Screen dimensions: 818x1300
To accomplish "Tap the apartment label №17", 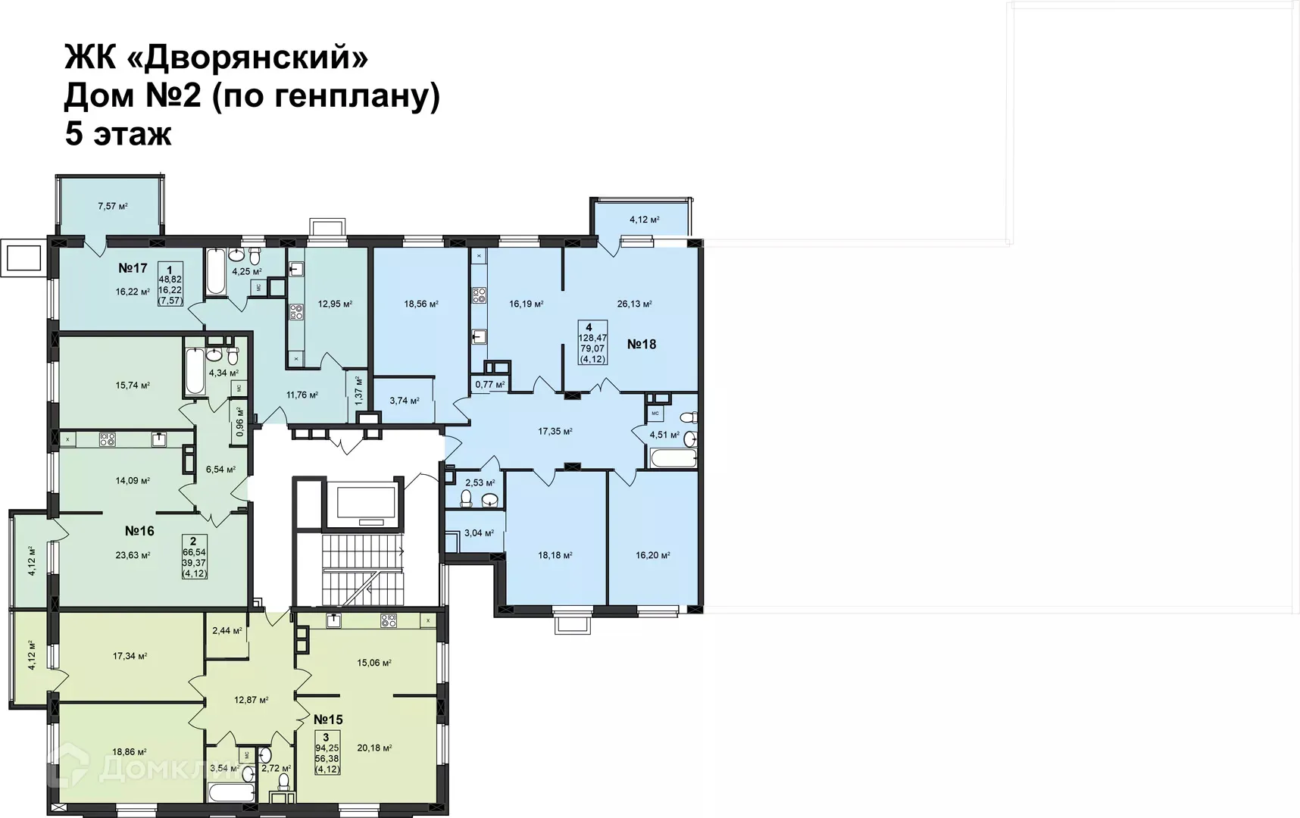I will pyautogui.click(x=133, y=268).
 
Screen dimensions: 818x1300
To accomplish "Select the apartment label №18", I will pyautogui.click(x=642, y=345).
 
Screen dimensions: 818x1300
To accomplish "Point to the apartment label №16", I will pyautogui.click(x=139, y=531).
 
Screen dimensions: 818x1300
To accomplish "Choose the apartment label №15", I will pyautogui.click(x=328, y=720).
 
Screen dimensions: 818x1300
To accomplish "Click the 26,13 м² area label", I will pyautogui.click(x=635, y=304).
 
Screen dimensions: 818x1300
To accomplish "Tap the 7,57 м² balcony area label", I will pyautogui.click(x=112, y=206).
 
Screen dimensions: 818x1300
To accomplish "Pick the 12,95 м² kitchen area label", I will pyautogui.click(x=335, y=304).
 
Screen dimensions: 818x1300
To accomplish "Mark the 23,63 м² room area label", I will pyautogui.click(x=133, y=555).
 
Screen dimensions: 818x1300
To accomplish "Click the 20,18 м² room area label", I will pyautogui.click(x=374, y=748).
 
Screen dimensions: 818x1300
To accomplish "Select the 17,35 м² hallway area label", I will pyautogui.click(x=555, y=432).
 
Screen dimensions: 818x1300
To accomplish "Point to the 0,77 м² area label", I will pyautogui.click(x=489, y=385).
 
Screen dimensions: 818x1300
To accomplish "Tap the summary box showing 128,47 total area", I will pyautogui.click(x=592, y=343).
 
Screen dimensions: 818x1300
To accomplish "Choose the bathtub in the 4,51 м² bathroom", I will pyautogui.click(x=673, y=458).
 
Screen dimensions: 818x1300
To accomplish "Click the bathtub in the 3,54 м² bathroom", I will pyautogui.click(x=230, y=793).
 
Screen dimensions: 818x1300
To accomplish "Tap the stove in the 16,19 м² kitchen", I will pyautogui.click(x=479, y=295).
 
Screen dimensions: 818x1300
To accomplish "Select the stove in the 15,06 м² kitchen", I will pyautogui.click(x=389, y=621).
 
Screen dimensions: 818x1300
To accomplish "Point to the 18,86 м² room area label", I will pyautogui.click(x=130, y=753).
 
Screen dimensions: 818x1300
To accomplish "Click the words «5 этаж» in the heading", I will pyautogui.click(x=118, y=134).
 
